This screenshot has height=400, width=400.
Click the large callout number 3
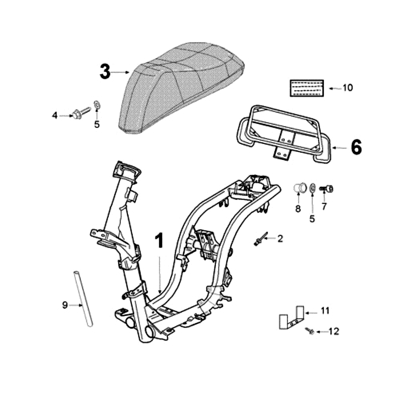coord(104,72)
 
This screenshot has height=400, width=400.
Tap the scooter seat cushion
coord(180,87)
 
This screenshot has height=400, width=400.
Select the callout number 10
coord(347,88)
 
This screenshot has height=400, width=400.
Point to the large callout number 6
coord(355,147)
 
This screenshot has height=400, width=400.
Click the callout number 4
coord(55,115)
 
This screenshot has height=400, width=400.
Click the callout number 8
coord(298,209)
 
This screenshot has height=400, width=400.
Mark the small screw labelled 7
coord(327,189)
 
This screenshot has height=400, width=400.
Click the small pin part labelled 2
coord(260,239)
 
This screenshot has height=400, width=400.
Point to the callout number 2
coord(280,239)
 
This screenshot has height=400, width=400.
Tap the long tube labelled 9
coord(83,298)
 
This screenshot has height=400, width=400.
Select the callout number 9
coord(64,305)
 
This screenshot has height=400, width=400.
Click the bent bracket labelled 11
coord(291,317)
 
